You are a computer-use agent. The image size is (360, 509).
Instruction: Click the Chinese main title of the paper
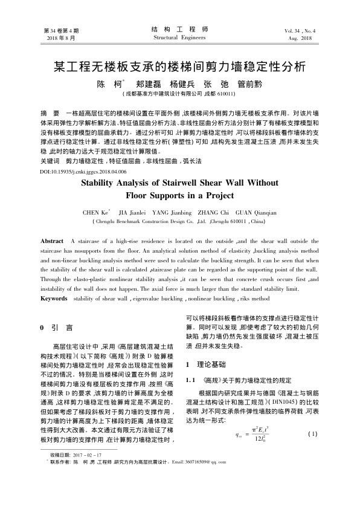pyautogui.click(x=179, y=66)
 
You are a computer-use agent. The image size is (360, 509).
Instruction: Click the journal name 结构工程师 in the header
pyautogui.click(x=180, y=29)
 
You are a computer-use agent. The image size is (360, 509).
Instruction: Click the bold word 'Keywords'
pyautogui.click(x=54, y=299)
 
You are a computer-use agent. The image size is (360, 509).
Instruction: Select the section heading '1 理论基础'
pyautogui.click(x=206, y=365)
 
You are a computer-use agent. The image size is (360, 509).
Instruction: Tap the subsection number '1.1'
pyautogui.click(x=193, y=379)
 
